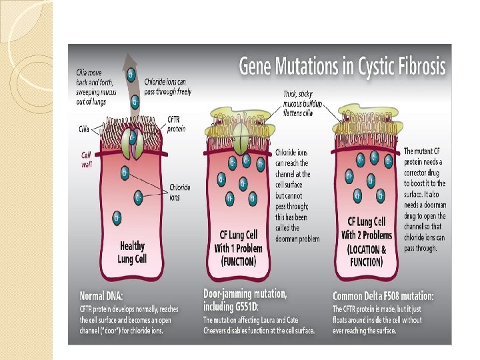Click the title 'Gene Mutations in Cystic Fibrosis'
[343, 67]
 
